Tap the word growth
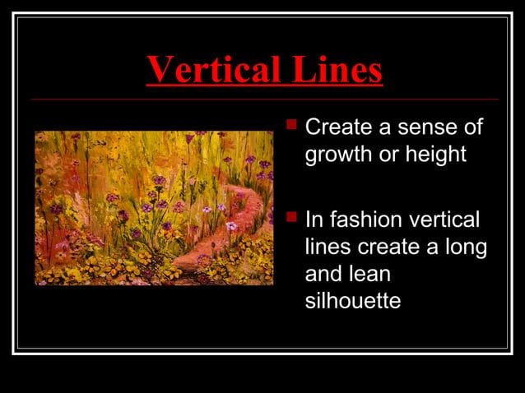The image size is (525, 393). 338,155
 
